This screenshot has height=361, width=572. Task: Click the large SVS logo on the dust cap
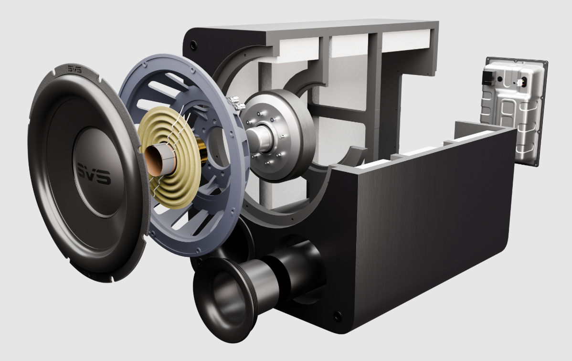click(x=94, y=173)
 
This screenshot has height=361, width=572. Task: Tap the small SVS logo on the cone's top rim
click(x=74, y=68)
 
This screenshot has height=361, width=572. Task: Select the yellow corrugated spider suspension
click(x=171, y=159)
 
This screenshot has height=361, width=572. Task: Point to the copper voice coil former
click(x=160, y=160)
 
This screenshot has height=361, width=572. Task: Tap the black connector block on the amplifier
click(x=488, y=78)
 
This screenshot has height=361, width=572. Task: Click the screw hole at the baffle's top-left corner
click(x=193, y=45)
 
